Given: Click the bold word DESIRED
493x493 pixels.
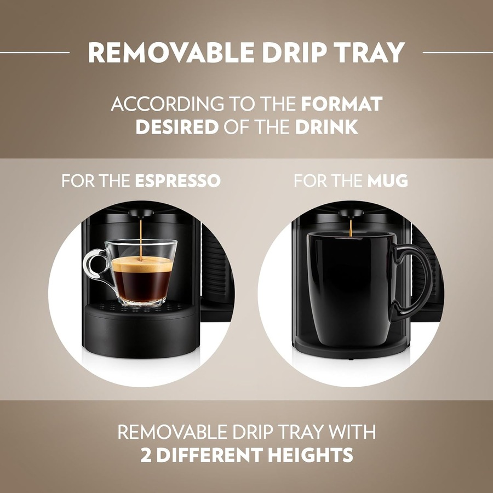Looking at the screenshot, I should [x=176, y=128].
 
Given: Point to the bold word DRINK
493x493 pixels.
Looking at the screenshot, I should [x=327, y=128].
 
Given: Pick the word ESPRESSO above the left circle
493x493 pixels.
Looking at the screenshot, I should [x=178, y=181].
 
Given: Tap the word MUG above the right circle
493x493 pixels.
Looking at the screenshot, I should [x=388, y=181].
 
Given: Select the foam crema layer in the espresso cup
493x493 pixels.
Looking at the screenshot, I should [x=142, y=265].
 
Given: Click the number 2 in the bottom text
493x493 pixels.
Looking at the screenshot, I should [x=146, y=455].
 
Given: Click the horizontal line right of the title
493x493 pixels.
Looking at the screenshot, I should [x=457, y=53].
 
